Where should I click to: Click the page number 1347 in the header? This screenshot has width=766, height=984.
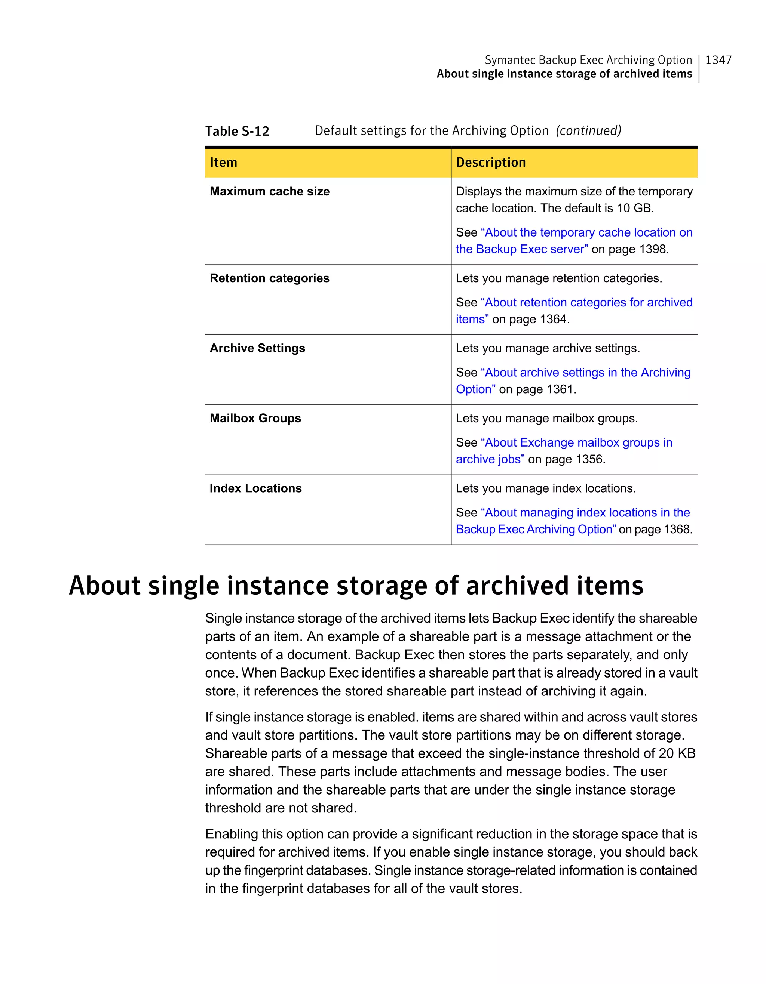click(x=718, y=60)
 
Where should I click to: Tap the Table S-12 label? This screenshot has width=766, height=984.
click(x=237, y=131)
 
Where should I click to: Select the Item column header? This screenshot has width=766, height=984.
click(x=224, y=162)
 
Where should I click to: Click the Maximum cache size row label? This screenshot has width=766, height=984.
click(x=270, y=191)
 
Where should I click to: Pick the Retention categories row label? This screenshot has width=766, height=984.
click(x=270, y=278)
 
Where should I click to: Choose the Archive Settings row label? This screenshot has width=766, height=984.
click(x=257, y=348)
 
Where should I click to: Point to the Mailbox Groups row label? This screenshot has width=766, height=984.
click(x=255, y=418)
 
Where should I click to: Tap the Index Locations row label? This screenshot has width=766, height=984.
click(x=255, y=488)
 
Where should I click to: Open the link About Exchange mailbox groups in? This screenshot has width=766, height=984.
click(x=578, y=442)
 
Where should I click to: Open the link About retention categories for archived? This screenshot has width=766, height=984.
click(x=588, y=302)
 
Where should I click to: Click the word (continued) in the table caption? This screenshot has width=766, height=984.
click(x=588, y=131)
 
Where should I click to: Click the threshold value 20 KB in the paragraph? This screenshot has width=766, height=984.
click(x=677, y=753)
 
